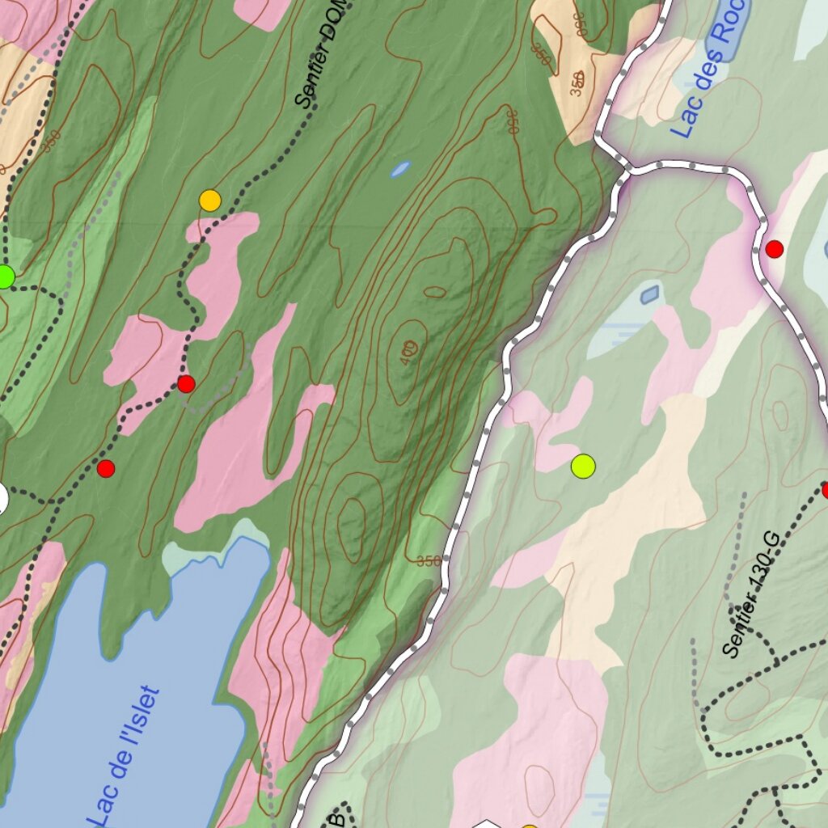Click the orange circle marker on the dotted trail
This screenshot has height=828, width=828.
point(209,200)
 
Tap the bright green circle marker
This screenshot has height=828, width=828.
point(4,277)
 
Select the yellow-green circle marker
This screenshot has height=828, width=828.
point(583,466)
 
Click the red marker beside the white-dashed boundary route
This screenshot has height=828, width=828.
point(774,249)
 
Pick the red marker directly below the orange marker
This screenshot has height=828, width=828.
point(186,383)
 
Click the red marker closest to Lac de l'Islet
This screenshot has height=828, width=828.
point(106,468)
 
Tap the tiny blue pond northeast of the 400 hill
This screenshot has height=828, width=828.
point(400,169)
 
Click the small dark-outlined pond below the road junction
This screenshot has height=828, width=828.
point(649,294)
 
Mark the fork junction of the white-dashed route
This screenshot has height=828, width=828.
point(627,168)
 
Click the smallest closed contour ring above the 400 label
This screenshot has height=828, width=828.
point(434,292)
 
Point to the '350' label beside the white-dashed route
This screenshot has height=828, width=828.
point(429,561)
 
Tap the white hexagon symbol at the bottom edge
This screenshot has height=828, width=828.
point(486,824)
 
